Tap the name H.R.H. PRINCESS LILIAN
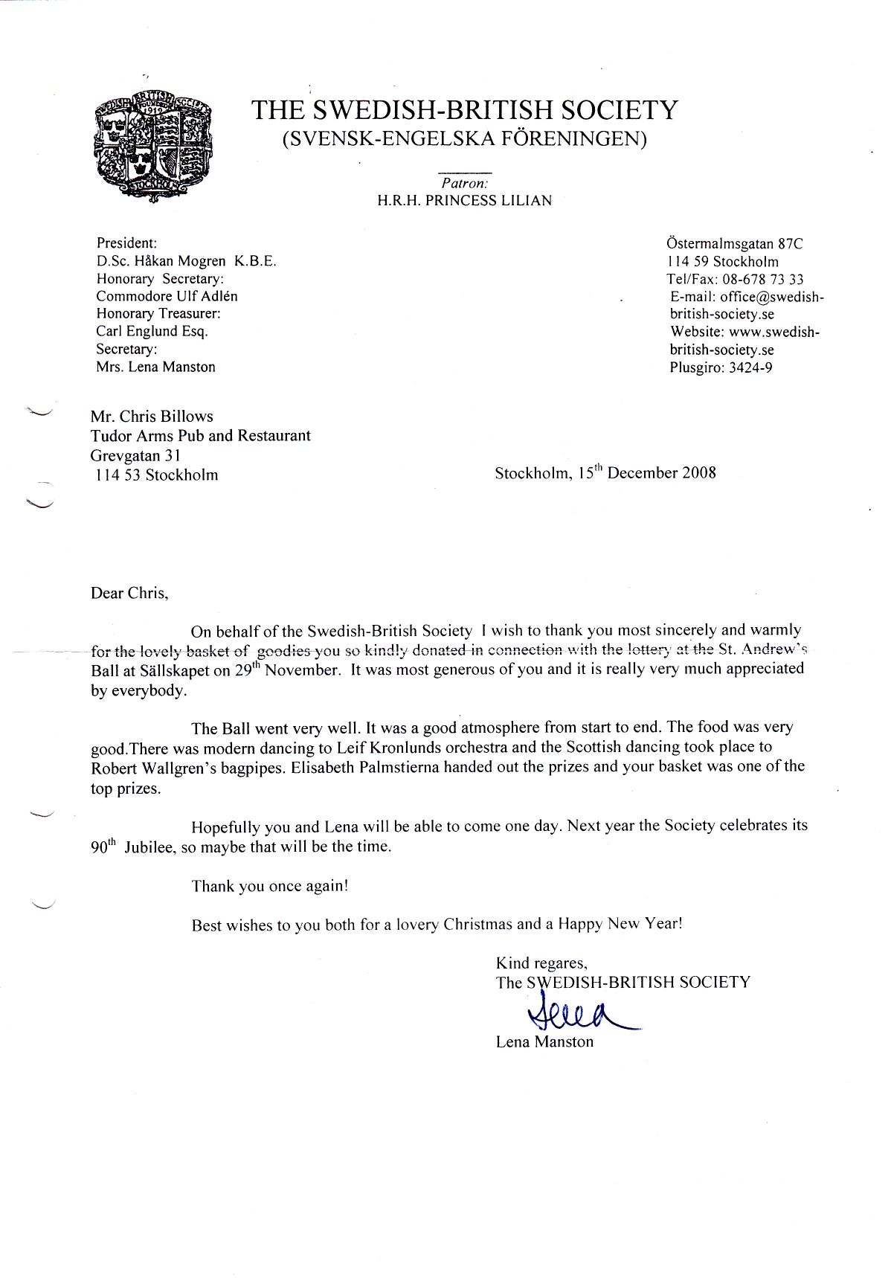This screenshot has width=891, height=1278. pos(465,201)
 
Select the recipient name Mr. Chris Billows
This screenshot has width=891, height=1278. pos(152,417)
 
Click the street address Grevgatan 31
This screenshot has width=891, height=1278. pos(135,455)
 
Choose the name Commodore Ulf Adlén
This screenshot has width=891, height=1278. pos(167,296)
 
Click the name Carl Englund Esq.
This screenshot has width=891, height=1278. pos(152,332)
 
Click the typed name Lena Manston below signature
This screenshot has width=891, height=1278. pos(544,1041)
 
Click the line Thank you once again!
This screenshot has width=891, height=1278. pos(270,886)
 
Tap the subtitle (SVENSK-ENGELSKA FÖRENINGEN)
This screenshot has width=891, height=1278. pos(465,139)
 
